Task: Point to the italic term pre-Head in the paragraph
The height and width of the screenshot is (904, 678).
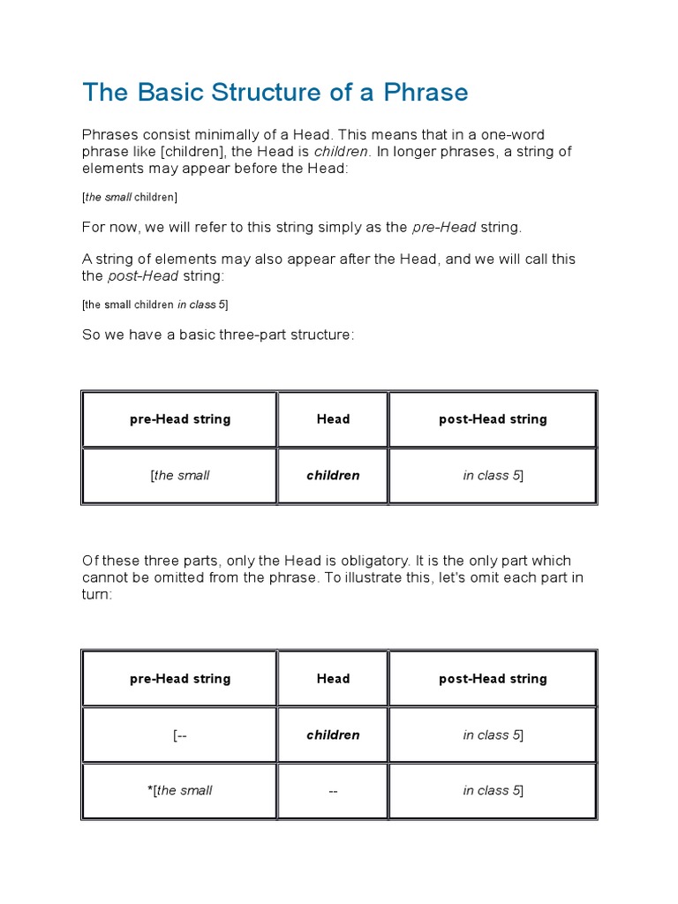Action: click(x=444, y=227)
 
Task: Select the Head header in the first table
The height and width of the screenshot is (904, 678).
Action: click(x=333, y=419)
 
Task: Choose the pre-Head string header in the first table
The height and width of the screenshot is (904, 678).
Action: click(x=179, y=419)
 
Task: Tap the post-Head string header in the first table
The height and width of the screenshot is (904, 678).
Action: click(x=493, y=419)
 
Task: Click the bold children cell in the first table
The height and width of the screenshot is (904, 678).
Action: click(x=333, y=475)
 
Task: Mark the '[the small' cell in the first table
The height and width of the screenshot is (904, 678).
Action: click(x=179, y=475)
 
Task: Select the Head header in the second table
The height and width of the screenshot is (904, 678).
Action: click(x=333, y=679)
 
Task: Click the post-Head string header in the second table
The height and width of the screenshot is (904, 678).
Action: click(x=493, y=679)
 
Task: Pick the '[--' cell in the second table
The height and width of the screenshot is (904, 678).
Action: click(x=179, y=734)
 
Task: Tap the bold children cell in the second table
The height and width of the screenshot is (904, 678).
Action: click(x=333, y=734)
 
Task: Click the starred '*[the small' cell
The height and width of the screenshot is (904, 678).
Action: click(x=179, y=790)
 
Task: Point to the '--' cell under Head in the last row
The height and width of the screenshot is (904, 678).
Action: click(x=333, y=790)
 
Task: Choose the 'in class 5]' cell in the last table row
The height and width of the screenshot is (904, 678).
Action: click(x=493, y=790)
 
